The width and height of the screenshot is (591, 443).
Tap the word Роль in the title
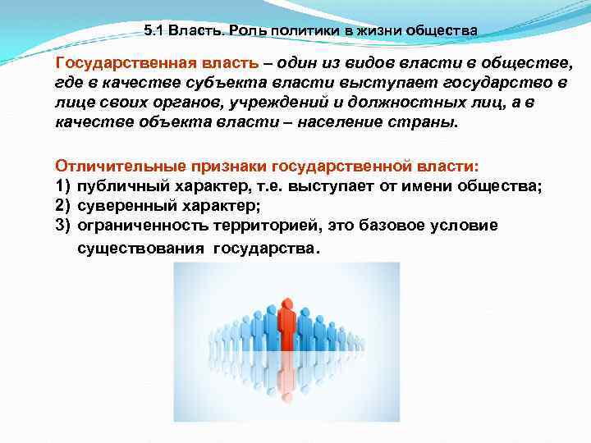(246, 30)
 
